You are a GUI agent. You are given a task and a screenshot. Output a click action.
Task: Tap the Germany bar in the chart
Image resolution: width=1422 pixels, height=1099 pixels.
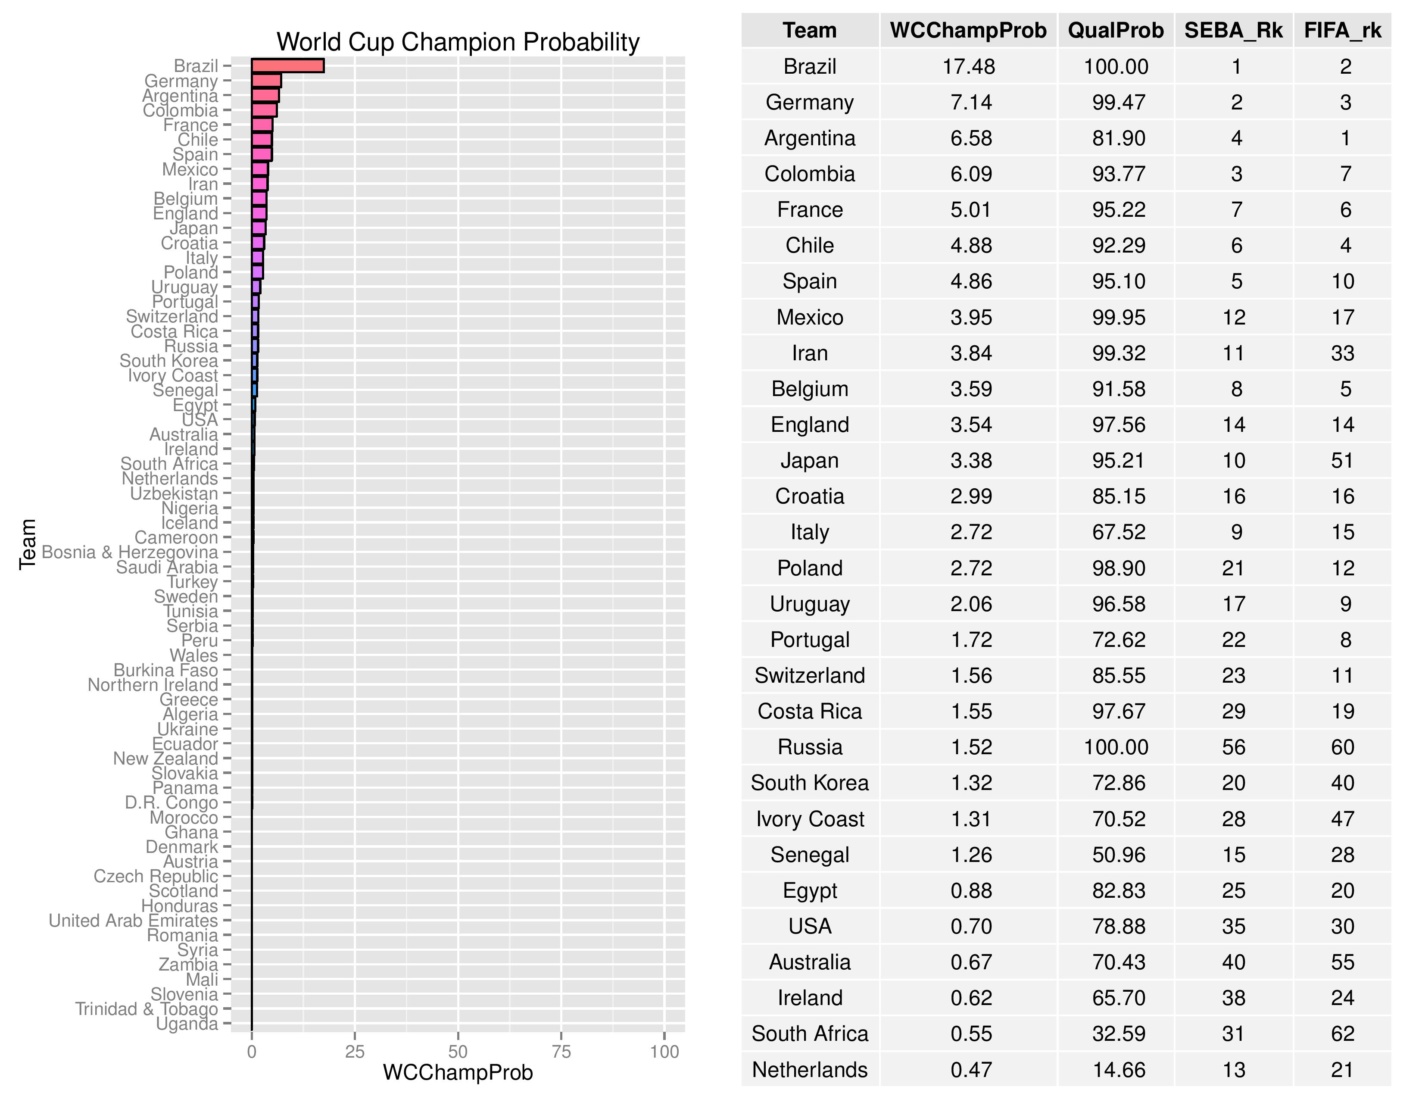[266, 81]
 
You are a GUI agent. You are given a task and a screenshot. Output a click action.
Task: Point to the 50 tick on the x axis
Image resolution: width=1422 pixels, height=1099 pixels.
[458, 1052]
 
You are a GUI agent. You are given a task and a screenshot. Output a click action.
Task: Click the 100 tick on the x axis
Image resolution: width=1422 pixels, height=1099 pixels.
[664, 1052]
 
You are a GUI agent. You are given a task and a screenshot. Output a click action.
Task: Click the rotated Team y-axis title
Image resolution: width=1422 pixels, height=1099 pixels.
[27, 544]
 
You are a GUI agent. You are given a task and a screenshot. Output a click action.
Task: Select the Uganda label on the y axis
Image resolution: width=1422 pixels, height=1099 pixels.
[187, 1024]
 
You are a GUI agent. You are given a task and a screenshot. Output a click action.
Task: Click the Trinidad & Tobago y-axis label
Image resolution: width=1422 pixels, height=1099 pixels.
[147, 1009]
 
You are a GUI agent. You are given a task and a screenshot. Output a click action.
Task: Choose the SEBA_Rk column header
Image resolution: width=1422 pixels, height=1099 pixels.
[1233, 31]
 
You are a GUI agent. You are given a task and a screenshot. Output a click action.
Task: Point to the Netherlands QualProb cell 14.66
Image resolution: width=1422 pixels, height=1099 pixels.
[1118, 1070]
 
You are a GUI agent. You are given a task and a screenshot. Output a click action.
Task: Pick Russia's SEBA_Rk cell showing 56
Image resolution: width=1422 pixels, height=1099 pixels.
[1233, 747]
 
